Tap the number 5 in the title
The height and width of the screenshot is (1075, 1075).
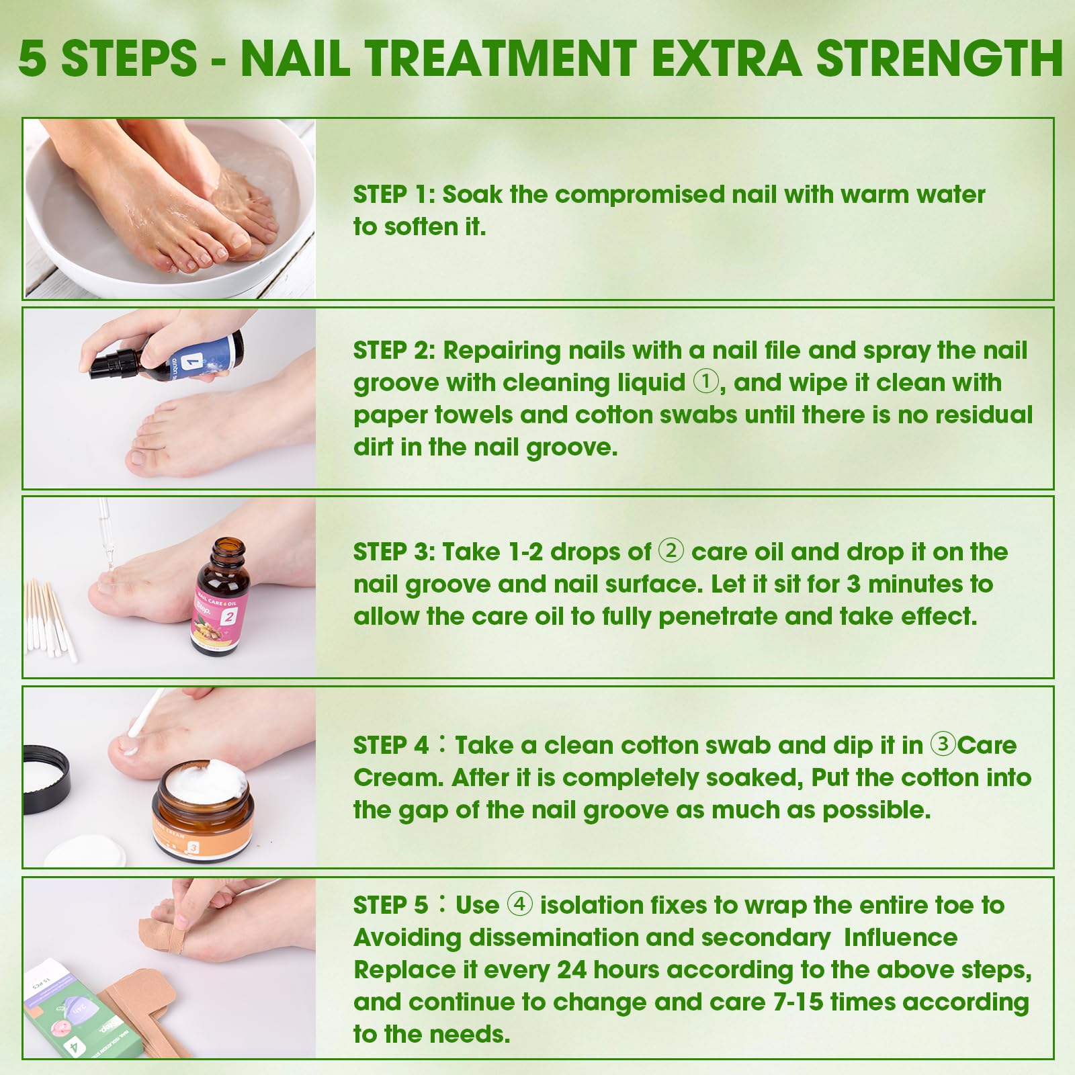(x=33, y=58)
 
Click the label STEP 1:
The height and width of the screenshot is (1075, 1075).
(x=394, y=195)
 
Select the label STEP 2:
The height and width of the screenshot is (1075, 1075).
(x=394, y=351)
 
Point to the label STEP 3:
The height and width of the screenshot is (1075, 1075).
(x=394, y=552)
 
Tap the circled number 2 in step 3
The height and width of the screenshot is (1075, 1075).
(x=671, y=551)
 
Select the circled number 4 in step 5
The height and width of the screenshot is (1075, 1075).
(x=519, y=904)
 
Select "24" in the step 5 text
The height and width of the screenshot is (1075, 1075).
(x=572, y=970)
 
